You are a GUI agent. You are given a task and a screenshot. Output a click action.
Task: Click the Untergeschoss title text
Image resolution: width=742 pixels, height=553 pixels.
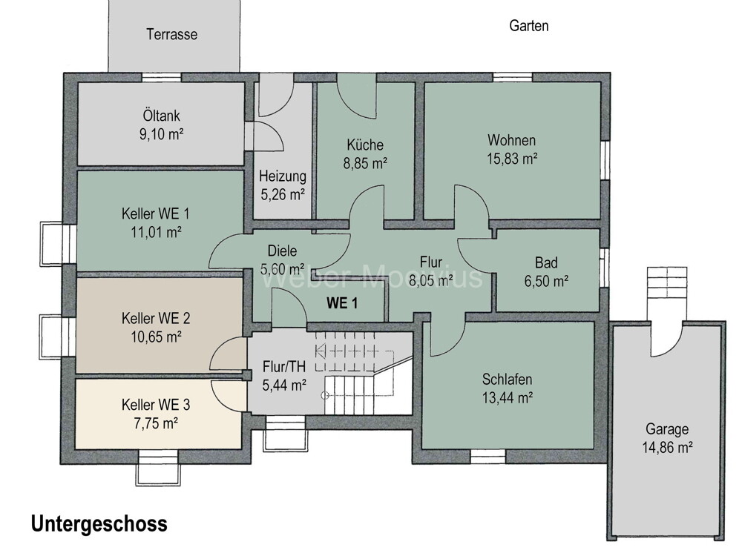[99, 524]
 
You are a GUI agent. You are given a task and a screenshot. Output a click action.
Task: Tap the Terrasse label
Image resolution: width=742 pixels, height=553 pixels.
[171, 34]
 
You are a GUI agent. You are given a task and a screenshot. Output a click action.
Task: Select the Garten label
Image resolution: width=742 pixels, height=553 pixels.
[529, 26]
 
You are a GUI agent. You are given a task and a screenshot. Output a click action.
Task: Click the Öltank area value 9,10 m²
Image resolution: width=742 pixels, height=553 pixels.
[162, 134]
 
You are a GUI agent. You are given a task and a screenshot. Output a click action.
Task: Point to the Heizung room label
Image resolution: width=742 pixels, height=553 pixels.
[282, 177]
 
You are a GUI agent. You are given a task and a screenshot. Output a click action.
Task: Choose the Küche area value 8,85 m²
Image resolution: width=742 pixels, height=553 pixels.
[364, 162]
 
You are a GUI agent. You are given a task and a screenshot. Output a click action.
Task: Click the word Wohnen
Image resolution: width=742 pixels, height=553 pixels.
[511, 140]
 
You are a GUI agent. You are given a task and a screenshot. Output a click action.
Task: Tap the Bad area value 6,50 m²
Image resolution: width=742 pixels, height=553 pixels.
[546, 281]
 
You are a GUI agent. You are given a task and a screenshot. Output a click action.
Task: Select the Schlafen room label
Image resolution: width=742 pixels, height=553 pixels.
[508, 380]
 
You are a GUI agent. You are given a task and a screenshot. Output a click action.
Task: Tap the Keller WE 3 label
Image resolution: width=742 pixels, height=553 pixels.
[155, 405]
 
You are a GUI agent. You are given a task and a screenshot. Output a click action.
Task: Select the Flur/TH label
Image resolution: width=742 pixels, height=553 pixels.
[284, 367]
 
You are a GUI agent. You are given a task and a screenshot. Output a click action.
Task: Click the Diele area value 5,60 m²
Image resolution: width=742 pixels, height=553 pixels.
[282, 268]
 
